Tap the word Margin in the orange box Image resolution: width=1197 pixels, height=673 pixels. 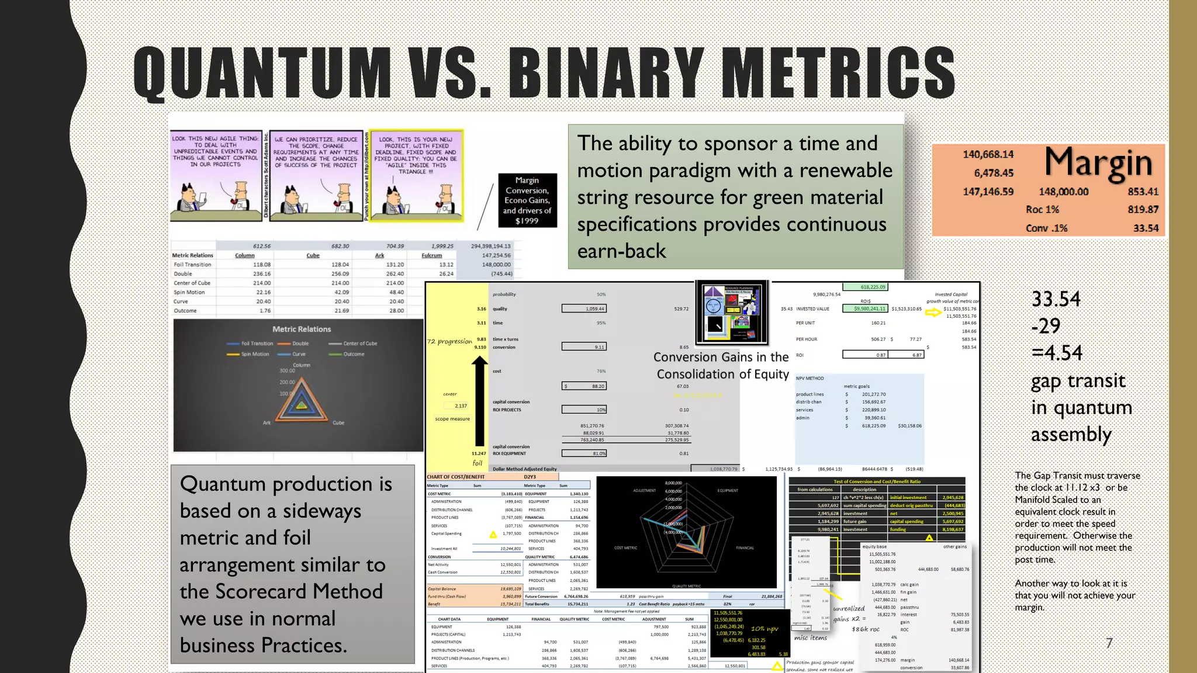tap(1098, 163)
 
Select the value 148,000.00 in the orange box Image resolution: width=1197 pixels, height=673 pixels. tap(1063, 192)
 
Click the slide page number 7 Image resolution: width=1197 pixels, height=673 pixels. tap(1109, 643)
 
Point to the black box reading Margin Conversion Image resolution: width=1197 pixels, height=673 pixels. tap(527, 200)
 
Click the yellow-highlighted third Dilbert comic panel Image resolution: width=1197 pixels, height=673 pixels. tap(416, 175)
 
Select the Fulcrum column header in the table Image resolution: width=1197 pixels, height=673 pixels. tap(431, 255)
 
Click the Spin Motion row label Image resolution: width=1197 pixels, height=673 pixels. tap(189, 292)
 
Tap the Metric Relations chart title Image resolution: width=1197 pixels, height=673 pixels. tap(301, 329)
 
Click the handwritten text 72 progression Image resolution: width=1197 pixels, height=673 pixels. tap(449, 341)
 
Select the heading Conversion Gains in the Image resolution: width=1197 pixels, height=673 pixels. tap(721, 357)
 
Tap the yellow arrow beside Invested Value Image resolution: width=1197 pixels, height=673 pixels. tap(933, 313)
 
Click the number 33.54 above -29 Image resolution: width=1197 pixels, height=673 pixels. tap(1056, 299)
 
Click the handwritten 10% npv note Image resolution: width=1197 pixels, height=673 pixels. tap(764, 629)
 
